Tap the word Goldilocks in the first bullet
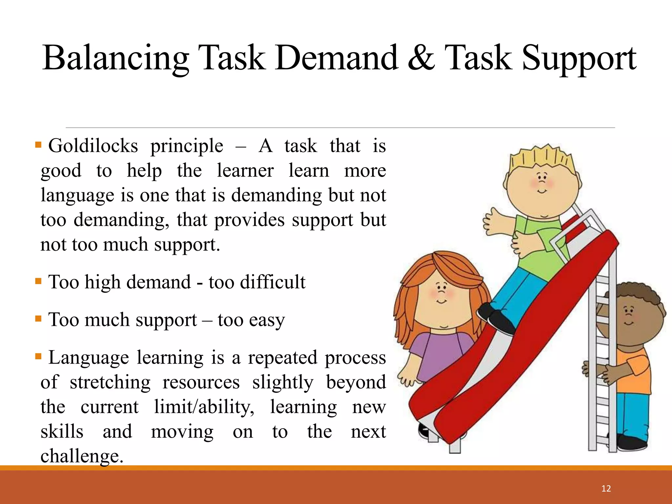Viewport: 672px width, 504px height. click(x=93, y=146)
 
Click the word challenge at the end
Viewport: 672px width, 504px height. click(x=82, y=456)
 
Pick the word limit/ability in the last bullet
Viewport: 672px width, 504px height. click(x=204, y=407)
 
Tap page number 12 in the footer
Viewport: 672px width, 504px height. click(x=606, y=489)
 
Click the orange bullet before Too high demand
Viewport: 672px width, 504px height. click(x=38, y=281)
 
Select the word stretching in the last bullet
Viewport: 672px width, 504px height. click(x=110, y=383)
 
